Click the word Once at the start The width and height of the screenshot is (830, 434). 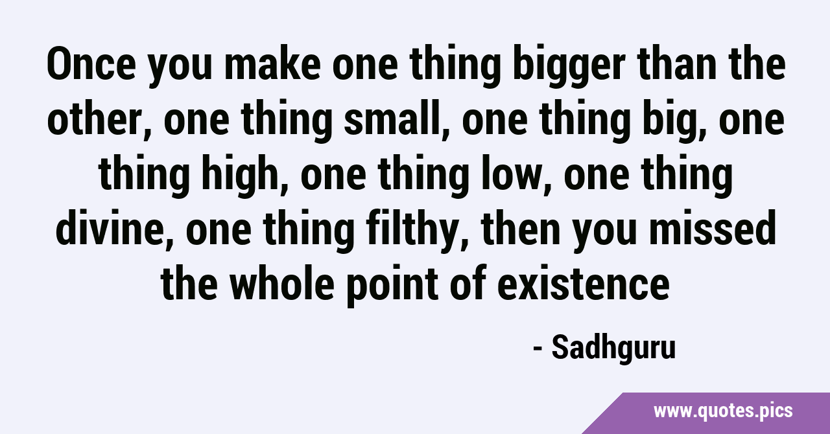pos(91,64)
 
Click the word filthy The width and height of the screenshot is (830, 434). pos(414,231)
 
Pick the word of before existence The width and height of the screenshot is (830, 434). pos(468,282)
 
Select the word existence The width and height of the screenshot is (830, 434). pos(583,282)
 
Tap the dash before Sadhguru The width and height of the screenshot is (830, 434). pos(538,350)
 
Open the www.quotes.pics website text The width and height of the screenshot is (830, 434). pos(723,411)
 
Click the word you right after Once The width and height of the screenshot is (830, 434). pos(180,69)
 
